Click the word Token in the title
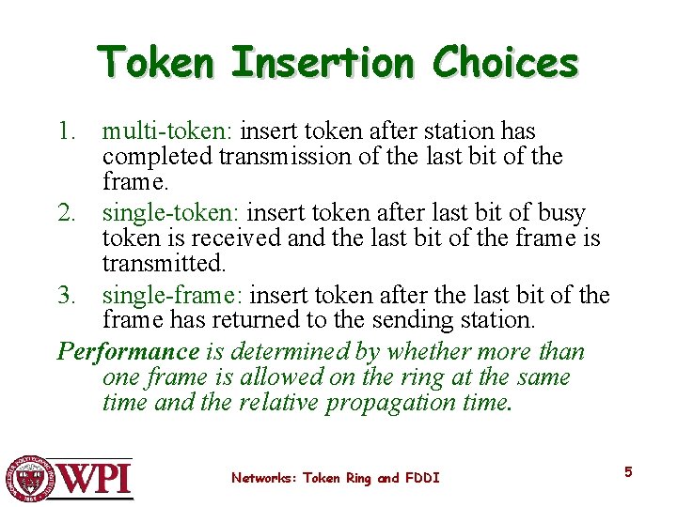[157, 63]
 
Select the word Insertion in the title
[322, 63]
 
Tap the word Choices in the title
[505, 63]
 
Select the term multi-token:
[168, 131]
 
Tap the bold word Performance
[129, 352]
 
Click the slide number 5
[628, 472]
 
